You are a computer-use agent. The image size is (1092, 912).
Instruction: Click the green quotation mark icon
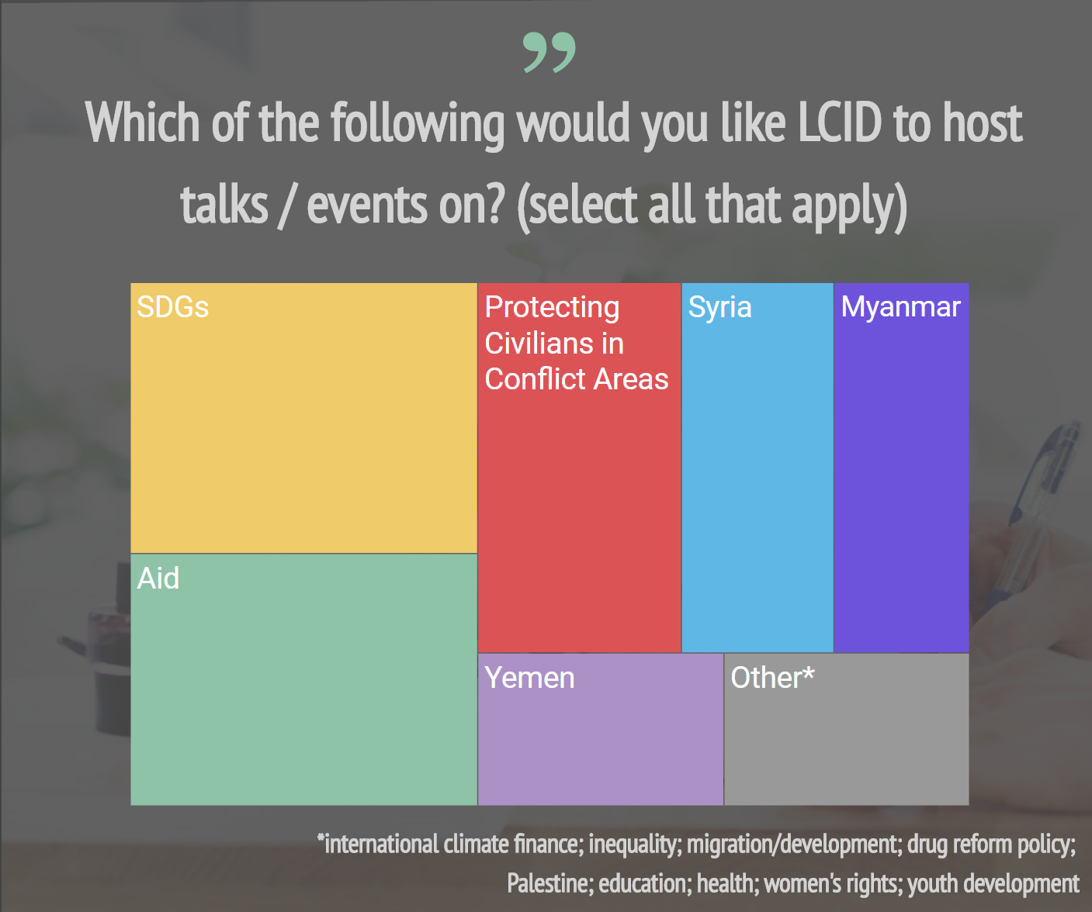coord(549,53)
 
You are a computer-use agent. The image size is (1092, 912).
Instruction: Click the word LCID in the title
coord(840,123)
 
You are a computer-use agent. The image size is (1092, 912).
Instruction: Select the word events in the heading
coord(366,206)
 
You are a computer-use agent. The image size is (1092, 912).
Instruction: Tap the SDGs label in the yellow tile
coord(172,307)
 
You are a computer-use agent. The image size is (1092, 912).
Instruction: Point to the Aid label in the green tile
coord(158,579)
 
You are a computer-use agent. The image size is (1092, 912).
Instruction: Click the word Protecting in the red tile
coord(552,307)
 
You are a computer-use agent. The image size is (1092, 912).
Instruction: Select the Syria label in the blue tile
coord(719,307)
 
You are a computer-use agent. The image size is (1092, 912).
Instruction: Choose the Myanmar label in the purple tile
coord(900,307)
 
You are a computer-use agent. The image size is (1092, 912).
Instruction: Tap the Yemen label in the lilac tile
coord(529,678)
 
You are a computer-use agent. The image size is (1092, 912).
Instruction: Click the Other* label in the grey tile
coord(772,678)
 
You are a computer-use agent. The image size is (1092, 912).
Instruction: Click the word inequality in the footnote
coord(633,844)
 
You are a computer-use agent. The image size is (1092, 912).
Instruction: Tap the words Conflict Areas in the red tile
coord(576,379)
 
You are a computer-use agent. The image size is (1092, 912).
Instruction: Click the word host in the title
coord(983,123)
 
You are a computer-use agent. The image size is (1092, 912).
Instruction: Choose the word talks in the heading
coord(224,206)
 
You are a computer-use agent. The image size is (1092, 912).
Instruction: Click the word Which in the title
coord(143,123)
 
